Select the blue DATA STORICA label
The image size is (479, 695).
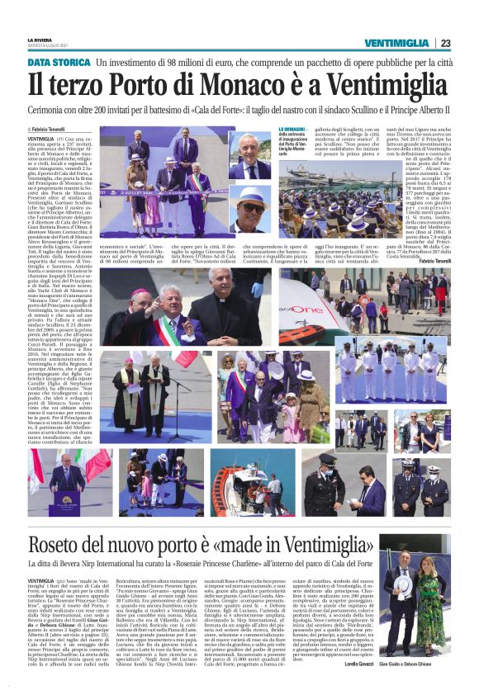click(x=59, y=63)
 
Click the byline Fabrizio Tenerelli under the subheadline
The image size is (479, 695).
click(x=53, y=130)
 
